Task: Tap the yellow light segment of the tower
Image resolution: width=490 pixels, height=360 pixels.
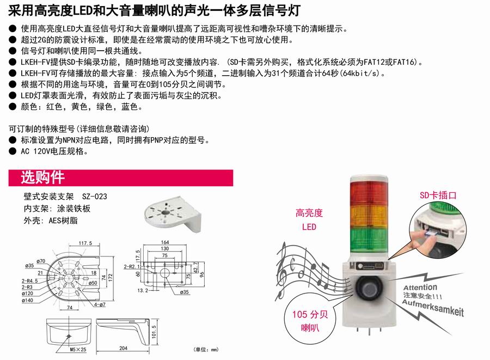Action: pyautogui.click(x=369, y=217)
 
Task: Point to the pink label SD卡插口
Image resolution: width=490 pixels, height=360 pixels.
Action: pyautogui.click(x=438, y=196)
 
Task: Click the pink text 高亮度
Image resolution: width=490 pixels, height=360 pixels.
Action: pyautogui.click(x=309, y=213)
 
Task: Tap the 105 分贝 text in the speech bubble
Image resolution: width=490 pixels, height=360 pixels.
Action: pyautogui.click(x=310, y=314)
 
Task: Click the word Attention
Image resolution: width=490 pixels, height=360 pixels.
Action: pyautogui.click(x=420, y=287)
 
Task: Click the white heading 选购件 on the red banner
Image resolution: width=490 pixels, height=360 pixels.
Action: pyautogui.click(x=42, y=178)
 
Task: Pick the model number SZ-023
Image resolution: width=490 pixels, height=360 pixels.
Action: pyautogui.click(x=94, y=197)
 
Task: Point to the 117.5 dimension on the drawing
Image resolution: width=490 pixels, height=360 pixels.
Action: pyautogui.click(x=85, y=243)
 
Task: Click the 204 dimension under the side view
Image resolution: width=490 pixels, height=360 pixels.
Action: pyautogui.click(x=123, y=348)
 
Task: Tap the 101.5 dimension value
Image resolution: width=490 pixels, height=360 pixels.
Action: pyautogui.click(x=154, y=332)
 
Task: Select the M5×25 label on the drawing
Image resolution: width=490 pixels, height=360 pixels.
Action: pyautogui.click(x=77, y=349)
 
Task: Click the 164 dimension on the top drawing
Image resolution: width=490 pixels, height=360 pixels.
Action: pyautogui.click(x=165, y=242)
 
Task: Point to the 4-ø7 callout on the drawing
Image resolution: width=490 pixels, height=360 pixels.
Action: pyautogui.click(x=100, y=304)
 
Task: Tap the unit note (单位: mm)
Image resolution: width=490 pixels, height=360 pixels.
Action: pyautogui.click(x=206, y=350)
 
